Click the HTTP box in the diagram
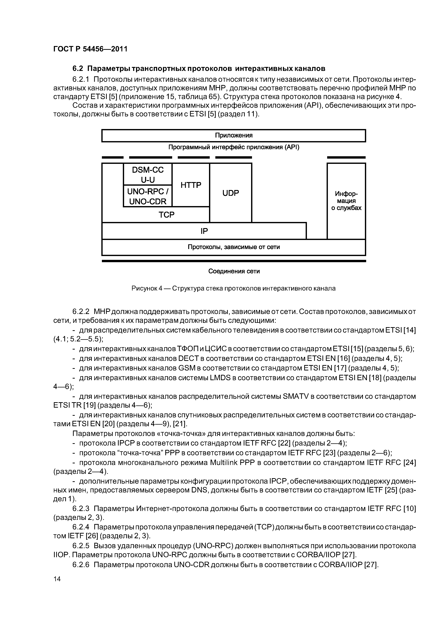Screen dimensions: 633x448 pos(191,185)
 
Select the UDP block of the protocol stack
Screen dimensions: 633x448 pos(231,193)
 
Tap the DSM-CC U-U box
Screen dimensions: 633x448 pos(148,174)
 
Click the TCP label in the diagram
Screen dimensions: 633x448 pos(166,215)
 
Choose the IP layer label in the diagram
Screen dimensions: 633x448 pos(204,231)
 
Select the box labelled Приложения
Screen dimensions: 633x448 pos(234,135)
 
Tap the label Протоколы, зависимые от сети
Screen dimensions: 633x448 pos(234,247)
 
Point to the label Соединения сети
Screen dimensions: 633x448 pos(234,271)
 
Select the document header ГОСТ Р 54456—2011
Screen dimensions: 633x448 pos(90,49)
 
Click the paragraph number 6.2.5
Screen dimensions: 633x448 pos(81,546)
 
